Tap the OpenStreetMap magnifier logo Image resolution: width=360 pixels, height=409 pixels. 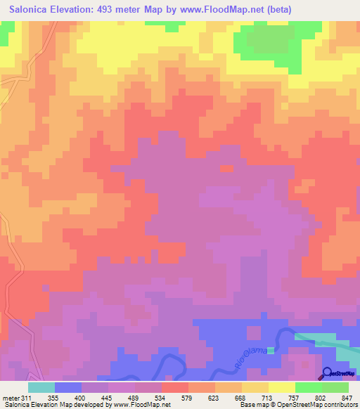[327, 372]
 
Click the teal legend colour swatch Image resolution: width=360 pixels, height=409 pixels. [41, 387]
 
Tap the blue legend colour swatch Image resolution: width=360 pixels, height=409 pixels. [68, 387]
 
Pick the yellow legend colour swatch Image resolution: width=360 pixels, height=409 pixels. [282, 387]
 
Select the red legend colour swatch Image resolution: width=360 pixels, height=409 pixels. [175, 387]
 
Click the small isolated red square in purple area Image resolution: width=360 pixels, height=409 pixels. [226, 169]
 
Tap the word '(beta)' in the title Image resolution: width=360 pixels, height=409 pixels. [277, 10]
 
